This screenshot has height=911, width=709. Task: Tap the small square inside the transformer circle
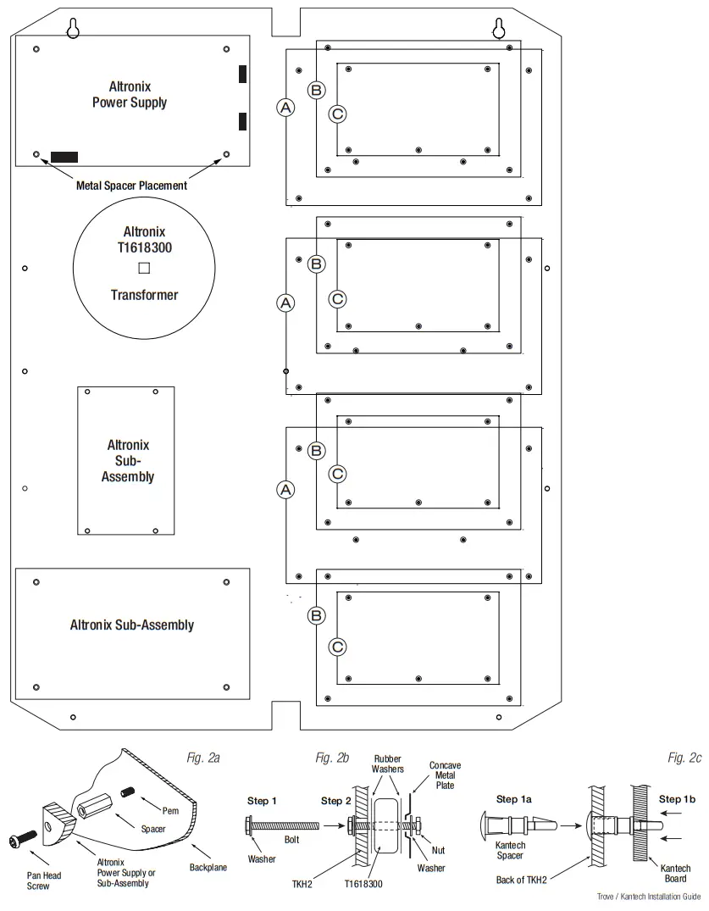[x=144, y=268]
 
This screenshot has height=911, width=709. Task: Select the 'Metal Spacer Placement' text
[x=131, y=185]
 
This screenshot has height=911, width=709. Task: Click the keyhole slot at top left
[x=75, y=28]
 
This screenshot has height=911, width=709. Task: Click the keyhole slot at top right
[x=499, y=28]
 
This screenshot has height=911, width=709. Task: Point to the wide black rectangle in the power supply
[x=64, y=157]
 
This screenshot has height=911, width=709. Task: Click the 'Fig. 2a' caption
[x=203, y=757]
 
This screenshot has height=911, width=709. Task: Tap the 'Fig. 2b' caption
[x=332, y=757]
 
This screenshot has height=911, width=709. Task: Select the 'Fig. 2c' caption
[x=684, y=757]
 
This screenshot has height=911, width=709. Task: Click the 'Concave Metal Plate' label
[x=445, y=775]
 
